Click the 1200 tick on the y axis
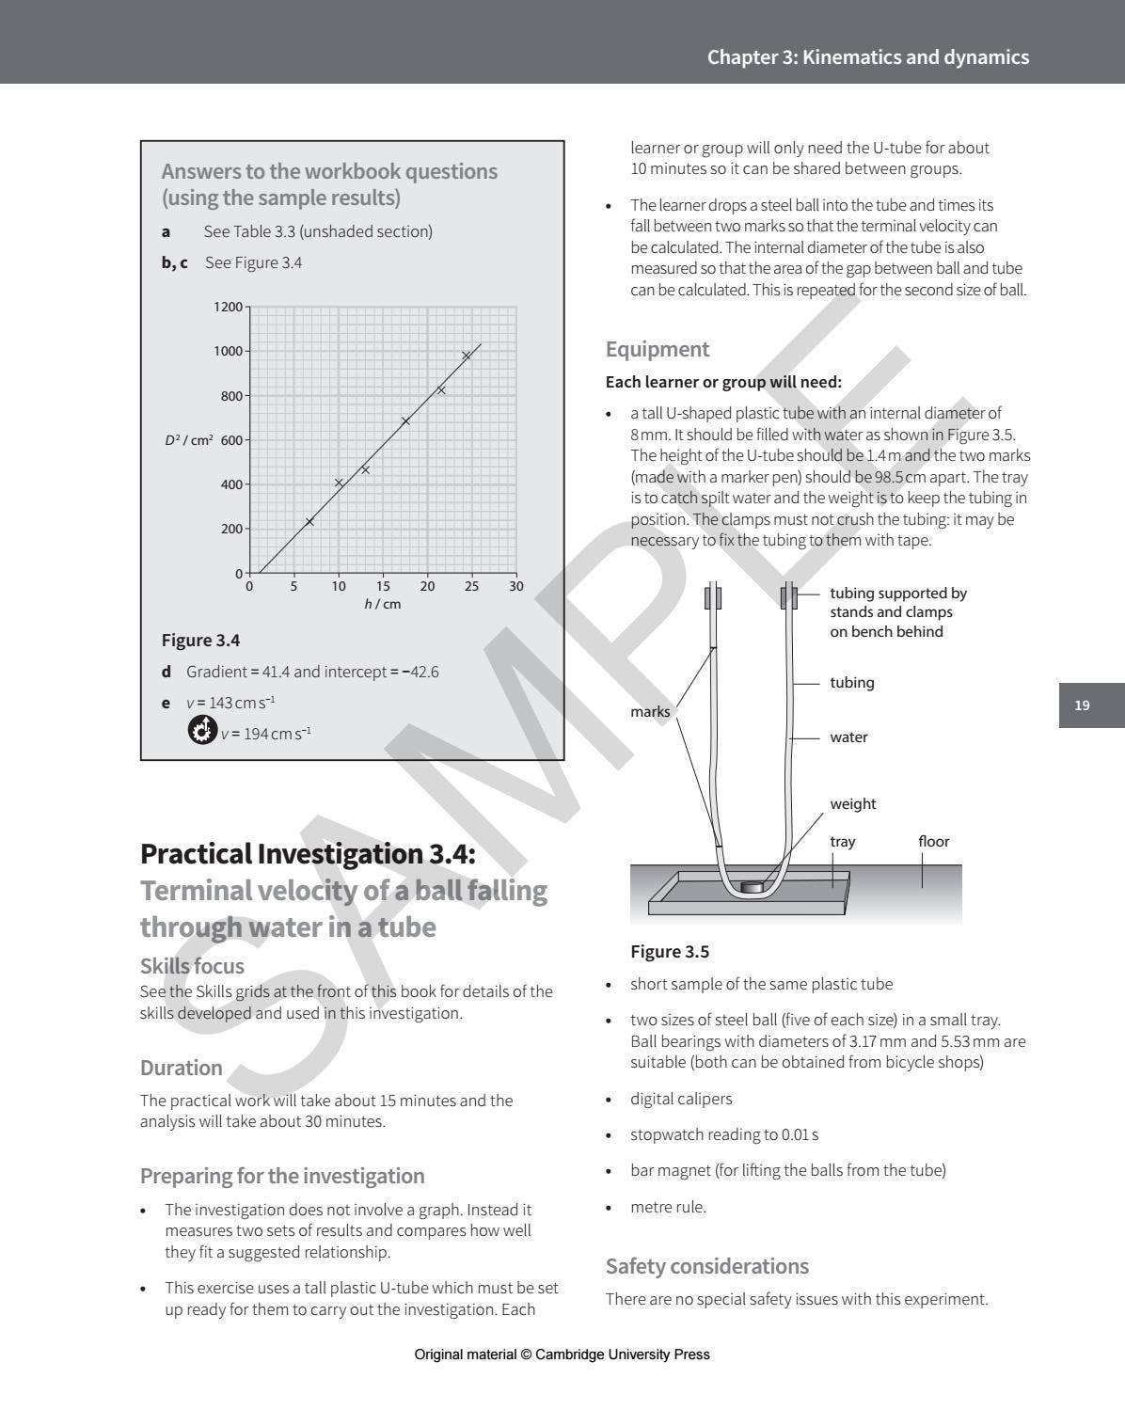point(228,307)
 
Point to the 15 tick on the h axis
point(383,586)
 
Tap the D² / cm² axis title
point(189,440)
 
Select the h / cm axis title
point(382,604)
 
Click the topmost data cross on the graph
point(466,356)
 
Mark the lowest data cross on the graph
point(309,521)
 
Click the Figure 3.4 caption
point(200,641)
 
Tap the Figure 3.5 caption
point(670,952)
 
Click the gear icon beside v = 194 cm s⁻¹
point(201,730)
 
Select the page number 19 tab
point(1082,705)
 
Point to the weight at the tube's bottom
point(752,886)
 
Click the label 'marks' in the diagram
point(650,712)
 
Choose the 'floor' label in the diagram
point(933,842)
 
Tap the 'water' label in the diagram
point(848,737)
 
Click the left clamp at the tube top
point(714,597)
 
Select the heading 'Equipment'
point(658,349)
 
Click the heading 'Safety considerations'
point(706,1266)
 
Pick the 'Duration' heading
point(182,1068)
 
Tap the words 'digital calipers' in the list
point(681,1099)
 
